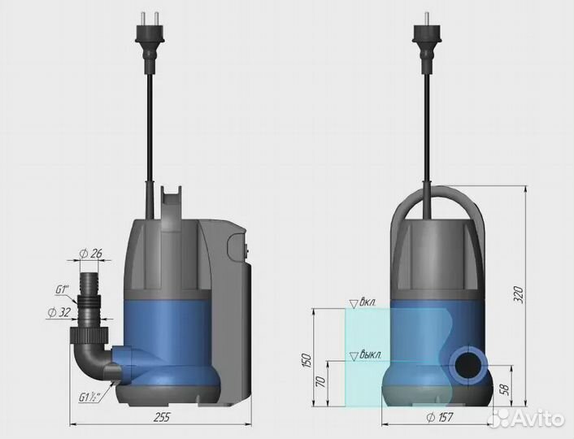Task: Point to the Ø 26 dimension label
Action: pos(91,254)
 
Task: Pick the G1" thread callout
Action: pos(62,289)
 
